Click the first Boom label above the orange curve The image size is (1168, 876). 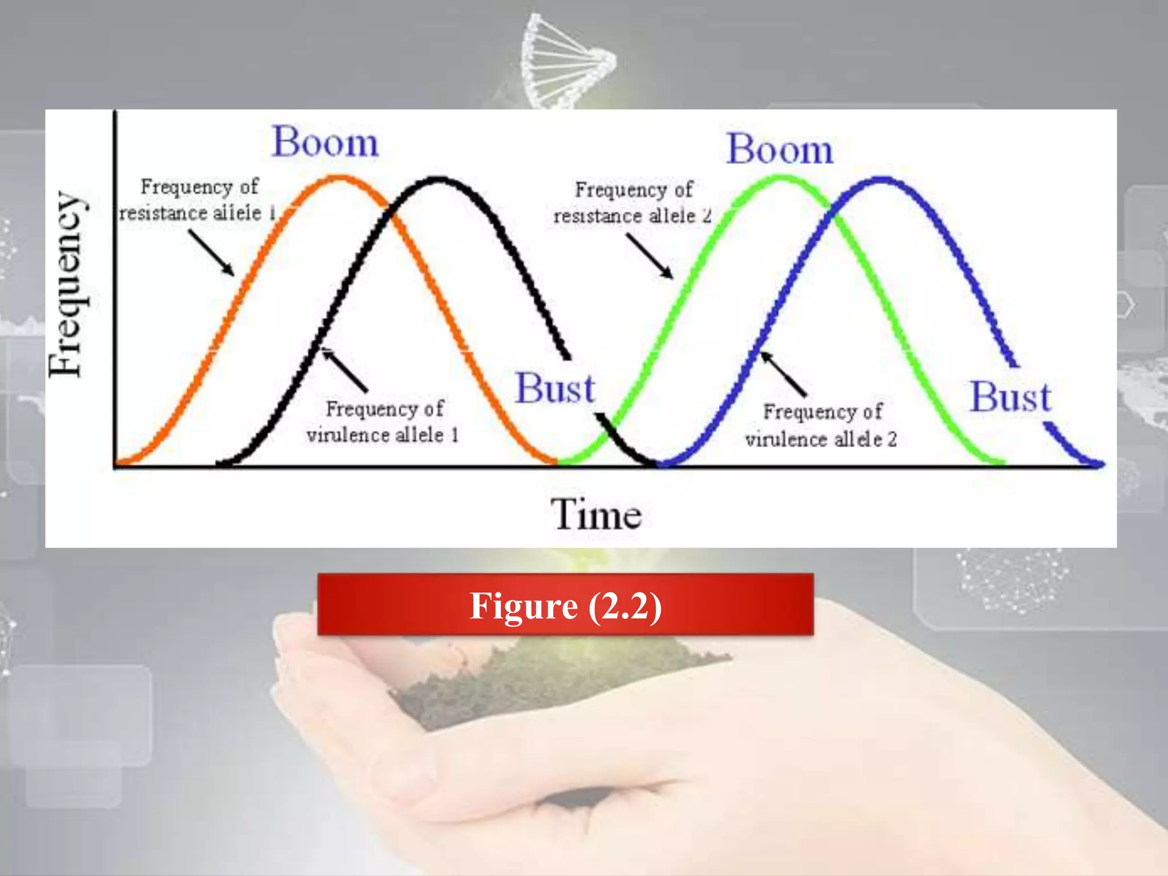(x=325, y=142)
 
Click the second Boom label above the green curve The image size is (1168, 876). (x=780, y=150)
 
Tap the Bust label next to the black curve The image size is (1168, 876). (x=555, y=389)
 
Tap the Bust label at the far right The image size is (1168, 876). (x=1011, y=397)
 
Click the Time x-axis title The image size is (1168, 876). (x=596, y=514)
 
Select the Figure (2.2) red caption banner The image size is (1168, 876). (x=565, y=605)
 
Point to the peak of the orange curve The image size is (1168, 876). (x=339, y=179)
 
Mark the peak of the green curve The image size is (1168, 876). (x=783, y=179)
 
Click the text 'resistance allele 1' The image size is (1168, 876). (x=197, y=213)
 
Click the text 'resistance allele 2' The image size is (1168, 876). (x=632, y=216)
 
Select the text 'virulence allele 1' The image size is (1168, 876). (x=382, y=435)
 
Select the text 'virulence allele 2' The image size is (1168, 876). (x=821, y=439)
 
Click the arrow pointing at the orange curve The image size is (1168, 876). (x=211, y=253)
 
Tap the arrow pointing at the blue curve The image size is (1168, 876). (x=784, y=374)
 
